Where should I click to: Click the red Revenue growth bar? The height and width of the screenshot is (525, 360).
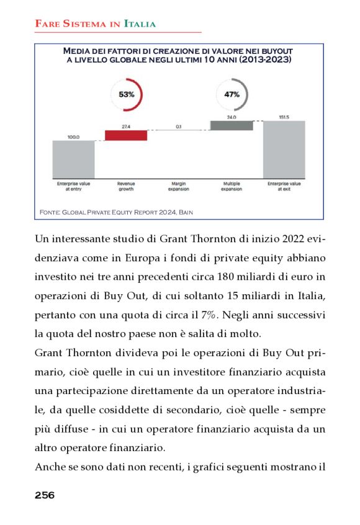tap(126, 135)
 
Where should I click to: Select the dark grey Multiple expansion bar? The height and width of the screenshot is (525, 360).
tap(232, 125)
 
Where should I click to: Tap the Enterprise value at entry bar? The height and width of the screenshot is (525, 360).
tap(73, 159)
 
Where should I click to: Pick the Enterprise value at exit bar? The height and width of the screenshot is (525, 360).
tap(284, 150)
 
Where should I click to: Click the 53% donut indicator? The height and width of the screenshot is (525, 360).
tap(126, 95)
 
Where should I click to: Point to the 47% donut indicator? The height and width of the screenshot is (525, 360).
tap(232, 95)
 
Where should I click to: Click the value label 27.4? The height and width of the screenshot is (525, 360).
tap(126, 126)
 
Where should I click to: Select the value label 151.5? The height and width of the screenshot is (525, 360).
tap(284, 117)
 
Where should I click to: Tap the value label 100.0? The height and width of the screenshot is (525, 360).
tap(73, 137)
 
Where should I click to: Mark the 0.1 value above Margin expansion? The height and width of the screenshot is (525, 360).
tap(179, 126)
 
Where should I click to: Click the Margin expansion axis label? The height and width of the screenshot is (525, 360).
tap(179, 186)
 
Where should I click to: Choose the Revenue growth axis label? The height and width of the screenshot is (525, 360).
tap(126, 186)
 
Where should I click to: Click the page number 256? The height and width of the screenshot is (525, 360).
tap(45, 495)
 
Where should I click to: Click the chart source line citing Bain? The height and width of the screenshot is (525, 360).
tap(116, 212)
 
